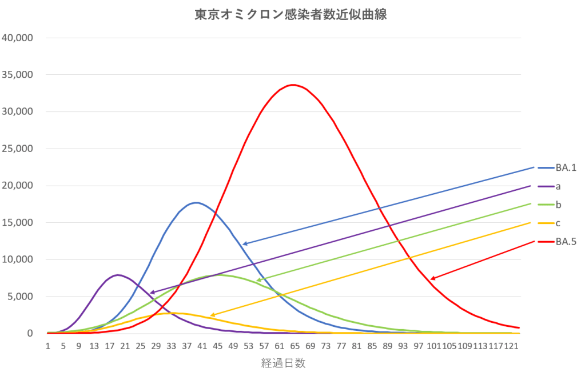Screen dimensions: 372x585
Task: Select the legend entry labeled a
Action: [558, 186]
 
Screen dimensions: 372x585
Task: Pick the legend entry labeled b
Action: [558, 204]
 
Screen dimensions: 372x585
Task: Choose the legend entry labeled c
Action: [558, 223]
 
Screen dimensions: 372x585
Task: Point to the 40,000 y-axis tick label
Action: [19, 38]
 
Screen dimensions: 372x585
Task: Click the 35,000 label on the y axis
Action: [19, 75]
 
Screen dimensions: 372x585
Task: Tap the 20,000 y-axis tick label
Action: [19, 186]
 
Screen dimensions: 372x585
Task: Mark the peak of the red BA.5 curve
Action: [293, 85]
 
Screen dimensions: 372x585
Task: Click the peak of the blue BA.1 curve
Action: [196, 202]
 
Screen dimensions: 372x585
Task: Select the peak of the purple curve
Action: [118, 275]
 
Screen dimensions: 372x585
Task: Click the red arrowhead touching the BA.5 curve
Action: [432, 279]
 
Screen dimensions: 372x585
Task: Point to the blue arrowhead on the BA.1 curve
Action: [244, 244]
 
